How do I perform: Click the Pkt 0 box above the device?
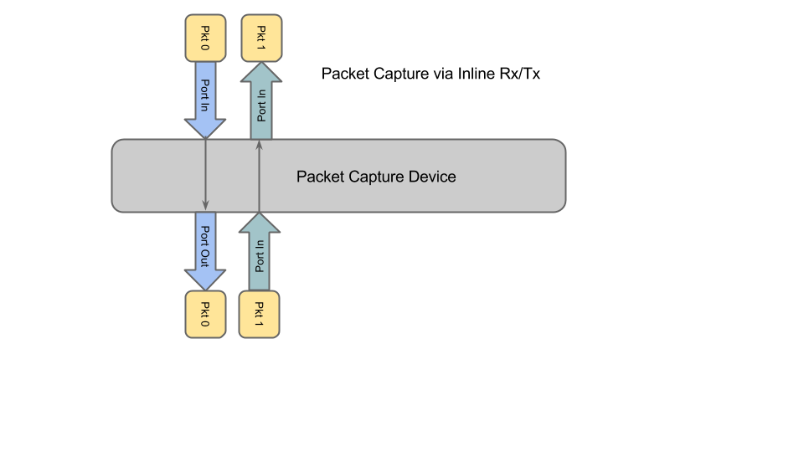pyautogui.click(x=205, y=38)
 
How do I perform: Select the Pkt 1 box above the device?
pyautogui.click(x=261, y=38)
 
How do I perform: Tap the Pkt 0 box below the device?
pyautogui.click(x=205, y=314)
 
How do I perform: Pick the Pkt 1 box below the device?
pyautogui.click(x=260, y=314)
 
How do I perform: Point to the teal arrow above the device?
pyautogui.click(x=261, y=102)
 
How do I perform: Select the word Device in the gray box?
pyautogui.click(x=432, y=177)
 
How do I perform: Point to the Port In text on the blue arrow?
pyautogui.click(x=205, y=95)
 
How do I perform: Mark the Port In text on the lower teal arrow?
pyautogui.click(x=260, y=256)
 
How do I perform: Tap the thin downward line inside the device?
pyautogui.click(x=205, y=172)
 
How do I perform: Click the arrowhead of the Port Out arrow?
pyautogui.click(x=205, y=280)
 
